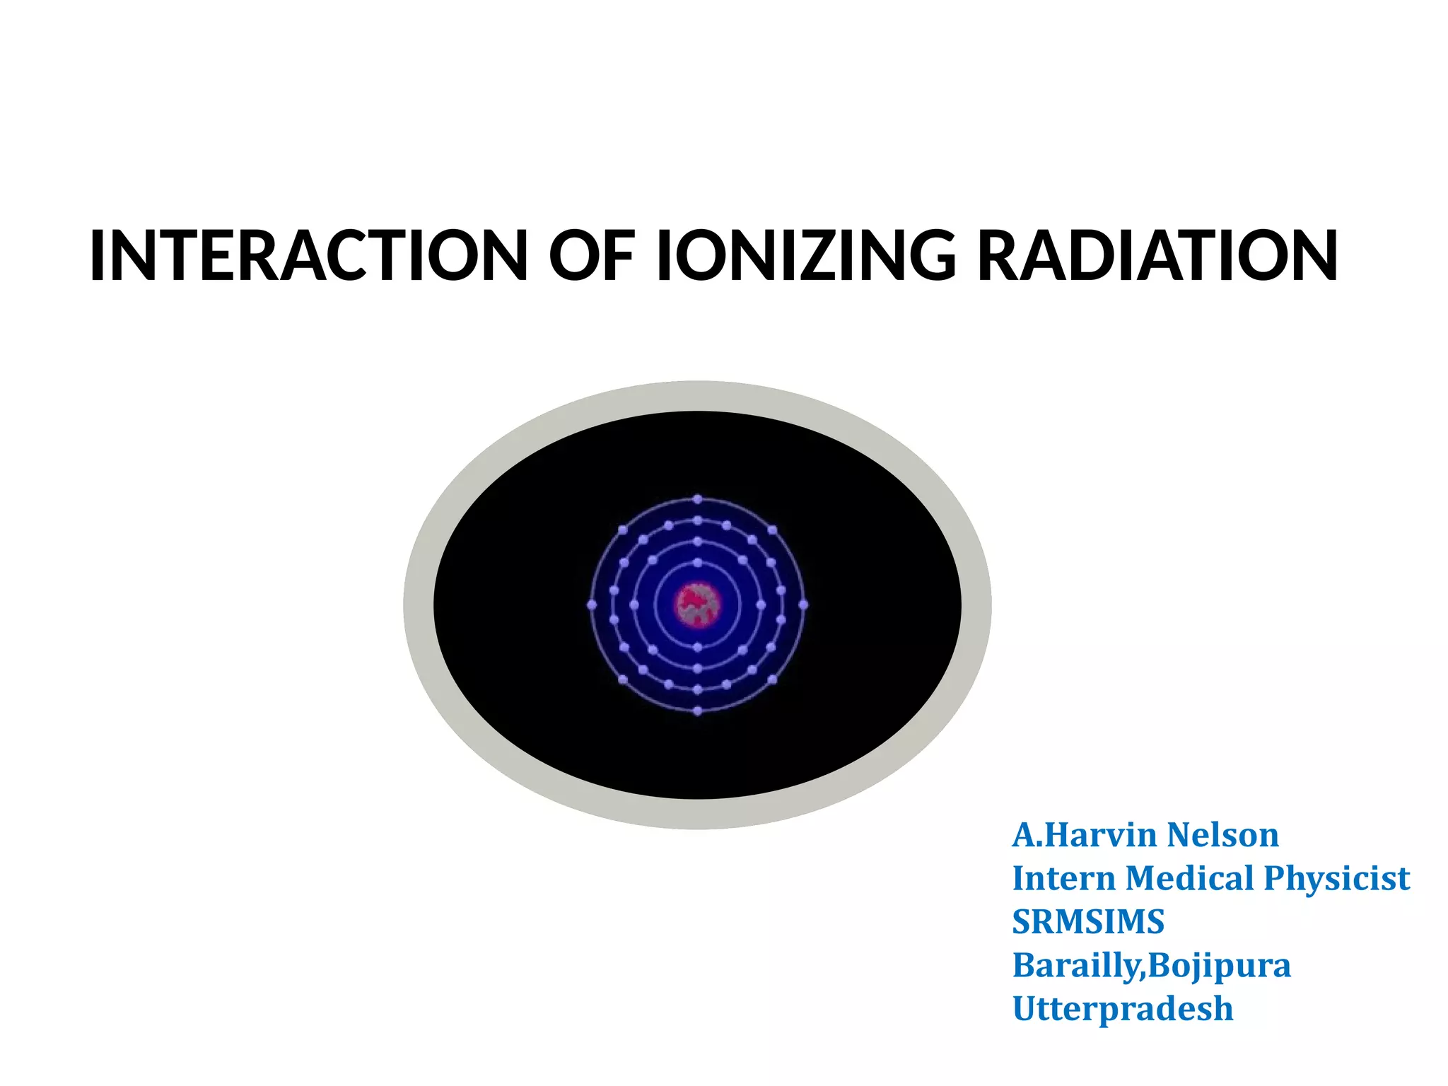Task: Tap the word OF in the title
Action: [592, 255]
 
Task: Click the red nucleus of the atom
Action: [698, 605]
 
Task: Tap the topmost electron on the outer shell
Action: [698, 499]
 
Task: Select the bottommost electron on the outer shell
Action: [698, 711]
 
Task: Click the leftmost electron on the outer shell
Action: [592, 605]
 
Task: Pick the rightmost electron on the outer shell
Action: [803, 605]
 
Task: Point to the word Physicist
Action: [1336, 879]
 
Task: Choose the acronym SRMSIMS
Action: [1088, 922]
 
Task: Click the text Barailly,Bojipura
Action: [1151, 966]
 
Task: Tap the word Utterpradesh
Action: [1123, 1009]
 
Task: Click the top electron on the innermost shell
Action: [698, 563]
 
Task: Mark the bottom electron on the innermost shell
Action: [698, 648]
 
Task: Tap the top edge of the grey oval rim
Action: [698, 396]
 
